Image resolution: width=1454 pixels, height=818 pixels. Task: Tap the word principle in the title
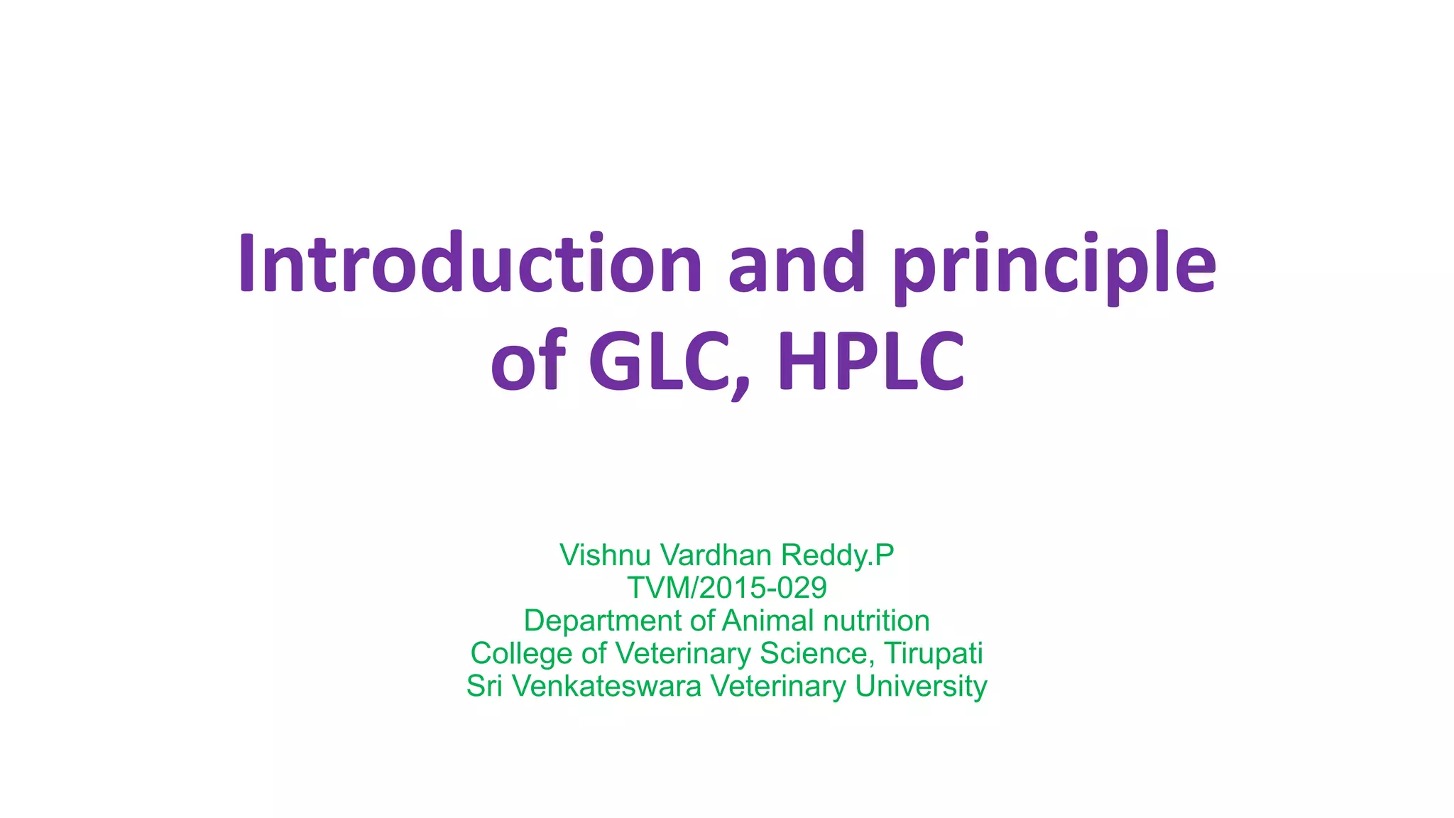click(1056, 264)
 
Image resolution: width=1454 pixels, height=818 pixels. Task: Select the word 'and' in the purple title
click(797, 263)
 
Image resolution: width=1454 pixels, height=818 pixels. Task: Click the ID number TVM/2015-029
click(727, 588)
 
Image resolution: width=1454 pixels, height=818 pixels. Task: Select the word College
click(521, 654)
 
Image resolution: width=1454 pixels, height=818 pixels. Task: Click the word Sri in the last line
click(484, 687)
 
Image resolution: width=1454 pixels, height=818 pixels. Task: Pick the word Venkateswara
click(607, 687)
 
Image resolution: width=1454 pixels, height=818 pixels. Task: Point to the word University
click(921, 687)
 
